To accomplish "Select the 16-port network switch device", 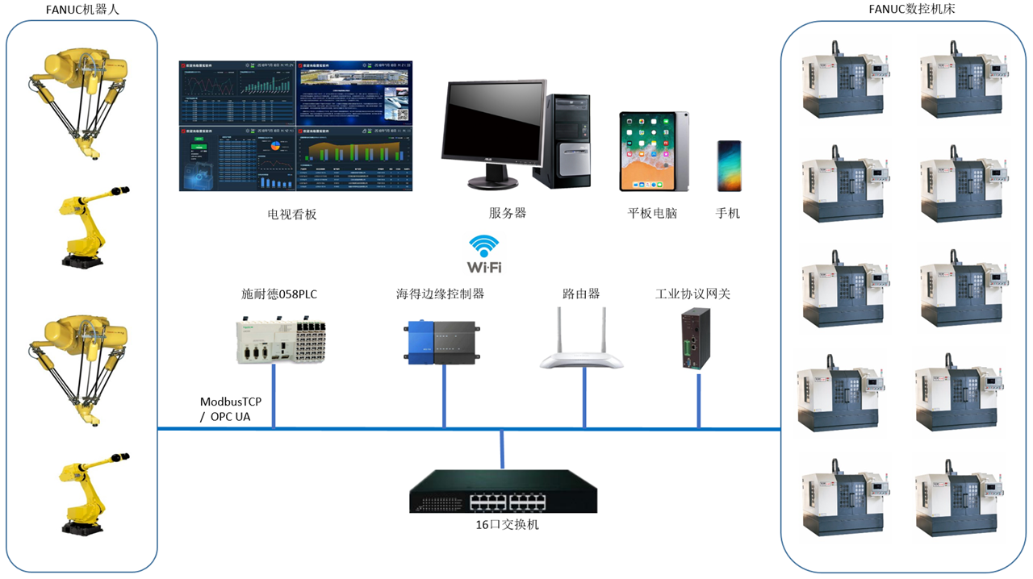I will (x=503, y=491).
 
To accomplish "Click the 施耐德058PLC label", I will (x=279, y=294).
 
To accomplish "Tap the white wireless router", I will (x=582, y=343).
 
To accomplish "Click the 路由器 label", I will (x=581, y=294).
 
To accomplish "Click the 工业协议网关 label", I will (x=692, y=294).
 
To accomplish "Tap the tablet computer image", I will (x=654, y=152).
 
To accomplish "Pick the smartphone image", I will (x=729, y=165).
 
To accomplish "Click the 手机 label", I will (x=727, y=214).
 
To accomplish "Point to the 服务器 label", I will (x=508, y=214).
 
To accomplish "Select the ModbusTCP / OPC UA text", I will (x=231, y=409).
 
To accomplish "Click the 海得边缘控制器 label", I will (x=441, y=294).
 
